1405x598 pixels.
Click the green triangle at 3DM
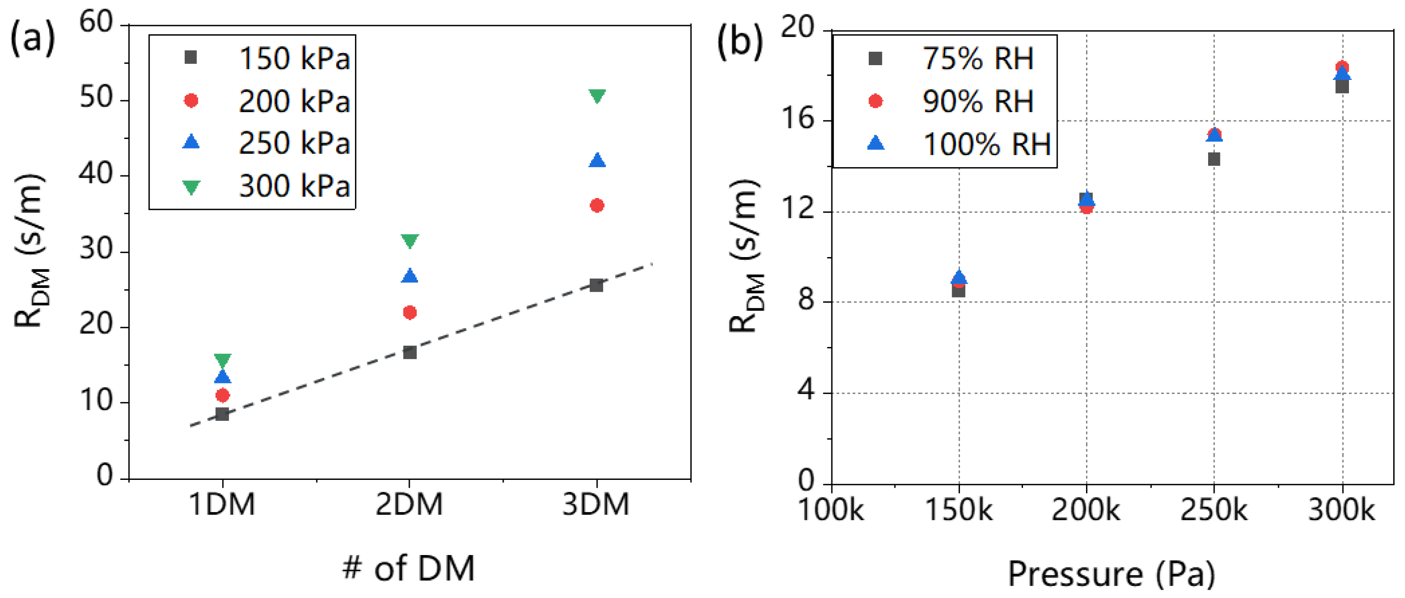pos(597,96)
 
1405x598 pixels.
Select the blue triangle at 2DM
pos(410,276)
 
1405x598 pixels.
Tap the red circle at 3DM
pos(597,205)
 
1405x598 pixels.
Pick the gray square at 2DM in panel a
pos(410,352)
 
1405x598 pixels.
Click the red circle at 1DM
pos(223,395)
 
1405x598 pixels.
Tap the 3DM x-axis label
pos(596,504)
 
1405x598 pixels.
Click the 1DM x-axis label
pos(222,504)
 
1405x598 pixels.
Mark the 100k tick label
pos(830,510)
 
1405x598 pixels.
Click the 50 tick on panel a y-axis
pos(96,99)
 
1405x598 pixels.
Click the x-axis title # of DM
pos(409,568)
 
